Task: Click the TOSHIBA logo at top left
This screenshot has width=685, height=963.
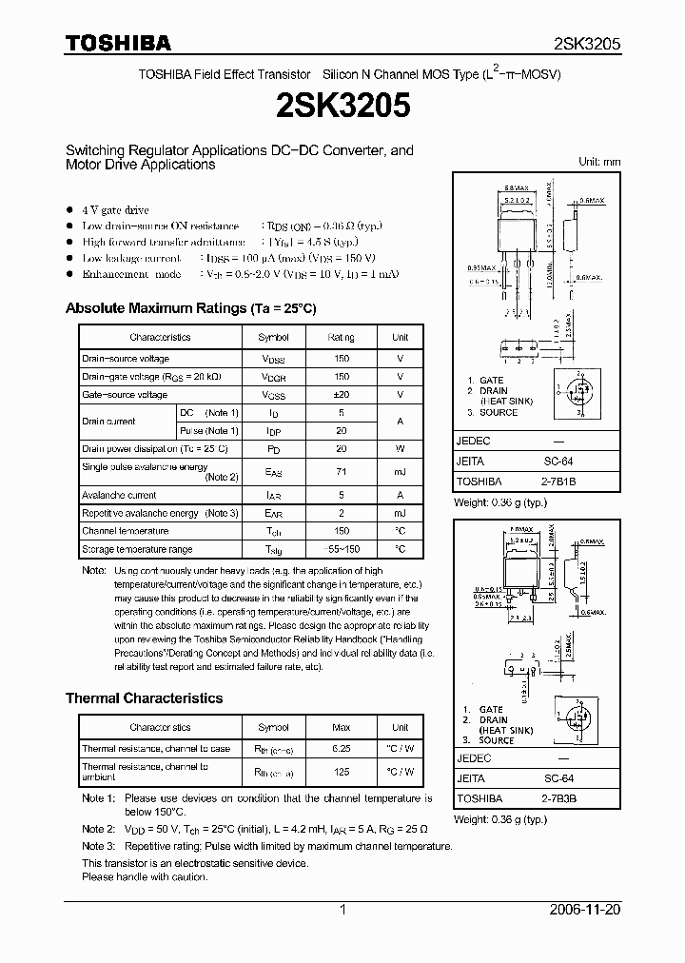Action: [x=118, y=43]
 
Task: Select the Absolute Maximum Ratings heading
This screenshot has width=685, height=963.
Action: [x=190, y=308]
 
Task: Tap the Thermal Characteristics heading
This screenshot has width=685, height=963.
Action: [x=144, y=698]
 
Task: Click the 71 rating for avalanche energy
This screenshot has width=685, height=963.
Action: [x=342, y=471]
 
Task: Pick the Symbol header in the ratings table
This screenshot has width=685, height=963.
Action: [x=274, y=337]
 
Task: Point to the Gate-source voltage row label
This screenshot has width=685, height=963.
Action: [x=125, y=394]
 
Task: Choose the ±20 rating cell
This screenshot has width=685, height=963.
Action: [x=342, y=394]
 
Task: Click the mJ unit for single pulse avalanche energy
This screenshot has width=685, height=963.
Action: [x=401, y=471]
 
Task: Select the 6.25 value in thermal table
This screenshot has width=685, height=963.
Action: [x=342, y=749]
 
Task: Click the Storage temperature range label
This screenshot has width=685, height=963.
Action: [x=137, y=549]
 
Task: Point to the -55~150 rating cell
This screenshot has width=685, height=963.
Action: [x=342, y=549]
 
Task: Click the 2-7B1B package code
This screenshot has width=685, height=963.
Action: [x=558, y=481]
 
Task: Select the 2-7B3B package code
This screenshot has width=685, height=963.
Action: [x=558, y=799]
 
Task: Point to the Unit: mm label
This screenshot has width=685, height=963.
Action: [x=599, y=162]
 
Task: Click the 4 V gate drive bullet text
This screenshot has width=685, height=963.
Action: [x=115, y=209]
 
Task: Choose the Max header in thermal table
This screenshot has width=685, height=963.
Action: [x=342, y=727]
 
